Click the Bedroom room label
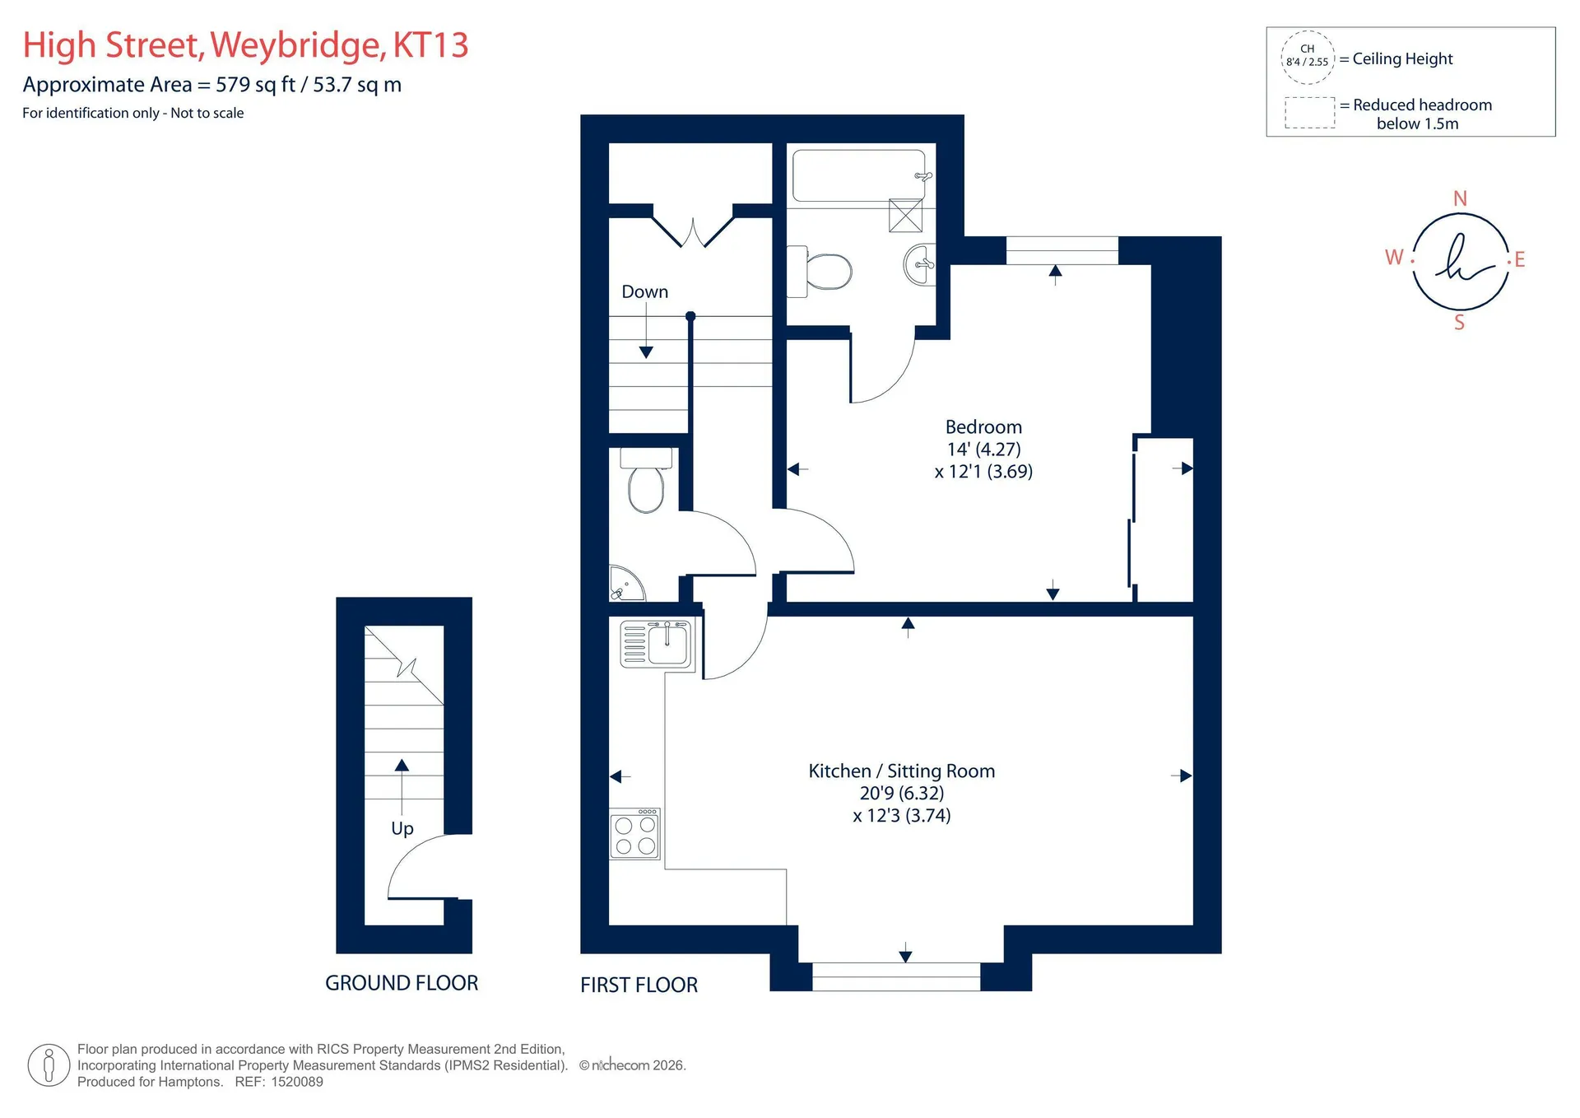click(983, 427)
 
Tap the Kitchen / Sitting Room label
click(902, 771)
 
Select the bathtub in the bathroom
click(859, 175)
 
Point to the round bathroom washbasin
click(920, 264)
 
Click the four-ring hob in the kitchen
click(634, 834)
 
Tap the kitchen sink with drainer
click(657, 644)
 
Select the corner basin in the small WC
click(624, 584)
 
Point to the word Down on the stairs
click(645, 292)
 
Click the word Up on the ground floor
click(402, 829)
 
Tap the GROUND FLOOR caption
click(402, 983)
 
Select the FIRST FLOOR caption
click(639, 985)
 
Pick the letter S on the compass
click(1460, 323)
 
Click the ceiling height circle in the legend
click(1308, 58)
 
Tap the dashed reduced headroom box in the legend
click(1310, 113)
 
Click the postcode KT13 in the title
click(430, 45)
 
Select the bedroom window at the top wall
click(1062, 250)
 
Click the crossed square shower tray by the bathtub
click(905, 216)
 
